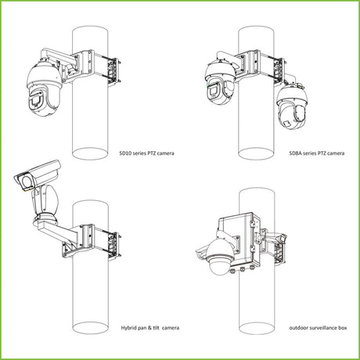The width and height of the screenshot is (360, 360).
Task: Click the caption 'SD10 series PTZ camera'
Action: (146, 153)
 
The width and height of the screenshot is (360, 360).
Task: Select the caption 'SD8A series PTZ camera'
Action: (317, 153)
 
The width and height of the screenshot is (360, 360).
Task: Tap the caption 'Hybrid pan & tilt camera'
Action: (150, 328)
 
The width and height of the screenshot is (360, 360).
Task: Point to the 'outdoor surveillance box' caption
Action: (318, 328)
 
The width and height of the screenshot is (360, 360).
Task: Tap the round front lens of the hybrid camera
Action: (26, 181)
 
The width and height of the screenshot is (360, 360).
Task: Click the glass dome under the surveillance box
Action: (219, 267)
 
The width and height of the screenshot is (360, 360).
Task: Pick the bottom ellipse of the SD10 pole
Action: (90, 153)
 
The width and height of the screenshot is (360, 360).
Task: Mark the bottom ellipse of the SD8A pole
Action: (256, 153)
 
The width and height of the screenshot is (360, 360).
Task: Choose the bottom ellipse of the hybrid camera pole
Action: (90, 328)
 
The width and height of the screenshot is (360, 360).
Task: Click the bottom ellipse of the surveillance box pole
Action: (257, 328)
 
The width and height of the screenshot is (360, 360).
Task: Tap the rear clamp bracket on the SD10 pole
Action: (115, 70)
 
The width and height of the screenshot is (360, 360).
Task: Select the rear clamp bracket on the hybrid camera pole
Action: (115, 246)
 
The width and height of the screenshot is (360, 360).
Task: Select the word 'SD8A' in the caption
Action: (295, 153)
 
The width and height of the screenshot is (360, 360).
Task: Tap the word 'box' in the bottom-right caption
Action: (343, 328)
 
